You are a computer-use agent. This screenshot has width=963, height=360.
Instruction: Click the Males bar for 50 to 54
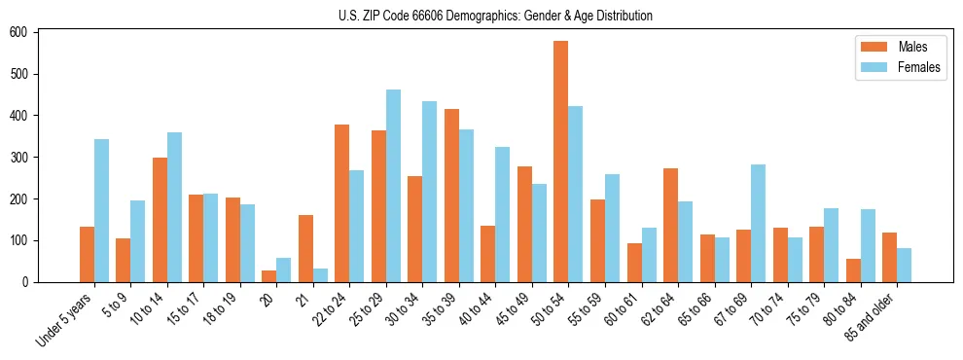click(561, 162)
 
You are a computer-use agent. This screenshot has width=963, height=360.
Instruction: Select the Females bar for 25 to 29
click(393, 186)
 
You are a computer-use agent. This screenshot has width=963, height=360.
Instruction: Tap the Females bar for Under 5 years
click(101, 210)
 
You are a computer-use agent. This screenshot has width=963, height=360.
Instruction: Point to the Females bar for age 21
click(320, 275)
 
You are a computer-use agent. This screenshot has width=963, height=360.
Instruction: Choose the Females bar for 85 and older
click(904, 265)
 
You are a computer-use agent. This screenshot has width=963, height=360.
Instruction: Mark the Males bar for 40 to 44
click(488, 254)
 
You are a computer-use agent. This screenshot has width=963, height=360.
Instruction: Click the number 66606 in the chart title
click(439, 16)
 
